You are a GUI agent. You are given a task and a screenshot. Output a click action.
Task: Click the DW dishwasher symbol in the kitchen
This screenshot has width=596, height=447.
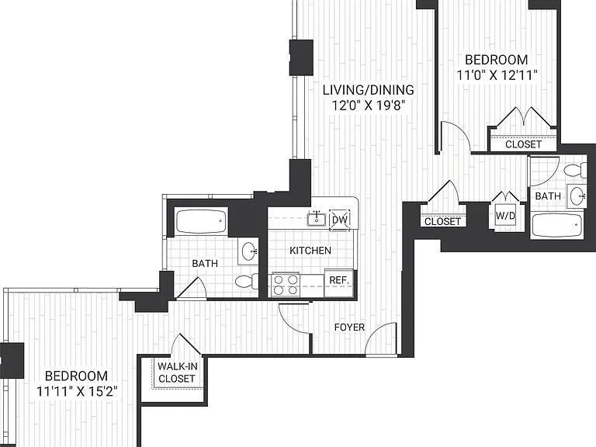pos(339,220)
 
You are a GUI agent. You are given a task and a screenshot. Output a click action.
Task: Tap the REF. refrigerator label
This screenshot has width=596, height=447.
pos(338,280)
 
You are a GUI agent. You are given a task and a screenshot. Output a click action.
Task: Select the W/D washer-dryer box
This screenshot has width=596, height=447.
pos(505,216)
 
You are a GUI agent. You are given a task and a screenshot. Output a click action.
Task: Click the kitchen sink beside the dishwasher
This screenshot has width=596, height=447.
pos(317,219)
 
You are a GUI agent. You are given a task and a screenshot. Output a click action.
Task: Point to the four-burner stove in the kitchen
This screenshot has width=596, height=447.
pos(286,285)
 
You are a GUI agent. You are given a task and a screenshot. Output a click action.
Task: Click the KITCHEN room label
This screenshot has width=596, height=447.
pos(310,251)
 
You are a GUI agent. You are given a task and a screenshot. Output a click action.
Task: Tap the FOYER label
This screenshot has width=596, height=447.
pos(349,327)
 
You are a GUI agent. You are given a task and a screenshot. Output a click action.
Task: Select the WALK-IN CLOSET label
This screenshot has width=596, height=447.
pos(178,372)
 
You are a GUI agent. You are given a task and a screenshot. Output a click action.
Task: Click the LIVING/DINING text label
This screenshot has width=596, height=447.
pos(369,90)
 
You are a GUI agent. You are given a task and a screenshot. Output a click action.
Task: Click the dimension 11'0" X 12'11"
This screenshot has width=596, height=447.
pos(497,75)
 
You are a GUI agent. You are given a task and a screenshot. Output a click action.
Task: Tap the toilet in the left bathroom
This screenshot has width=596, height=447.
pos(247,281)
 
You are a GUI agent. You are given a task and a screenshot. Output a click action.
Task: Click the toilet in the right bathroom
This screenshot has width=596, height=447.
pos(576,170)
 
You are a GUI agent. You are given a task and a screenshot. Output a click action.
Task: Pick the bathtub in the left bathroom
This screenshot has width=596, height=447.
pos(201,221)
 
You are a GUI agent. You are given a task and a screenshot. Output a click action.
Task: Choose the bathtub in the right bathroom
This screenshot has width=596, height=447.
pos(557,226)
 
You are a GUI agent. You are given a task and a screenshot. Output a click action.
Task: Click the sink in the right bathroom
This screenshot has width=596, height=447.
pos(577,196)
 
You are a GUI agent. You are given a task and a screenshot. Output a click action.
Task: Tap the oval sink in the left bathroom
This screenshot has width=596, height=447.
pos(248,251)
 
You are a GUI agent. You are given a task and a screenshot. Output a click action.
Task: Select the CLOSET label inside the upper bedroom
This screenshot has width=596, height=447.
pos(523,144)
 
